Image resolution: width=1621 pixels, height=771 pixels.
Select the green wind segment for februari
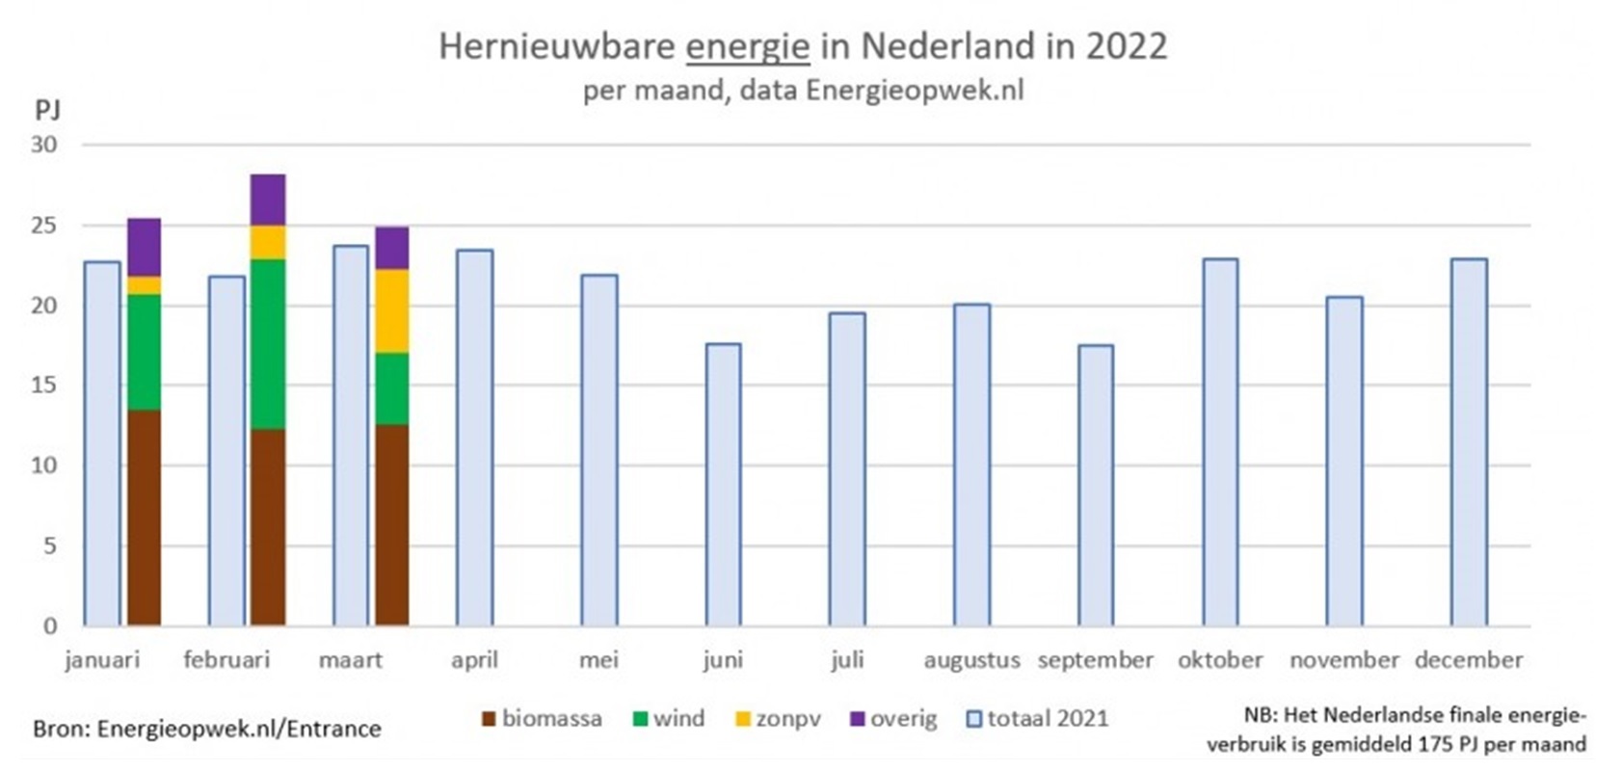(x=268, y=344)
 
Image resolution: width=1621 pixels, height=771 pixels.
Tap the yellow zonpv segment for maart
(x=392, y=310)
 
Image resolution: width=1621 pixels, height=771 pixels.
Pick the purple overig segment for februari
(x=268, y=200)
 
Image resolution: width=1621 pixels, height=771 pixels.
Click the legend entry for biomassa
(x=543, y=718)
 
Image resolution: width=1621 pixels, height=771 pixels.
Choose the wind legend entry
(x=669, y=718)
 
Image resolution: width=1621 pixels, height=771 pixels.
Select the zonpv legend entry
(x=779, y=718)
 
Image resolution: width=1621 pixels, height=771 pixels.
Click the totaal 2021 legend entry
(x=1037, y=718)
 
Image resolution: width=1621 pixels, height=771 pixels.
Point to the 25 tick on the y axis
(x=44, y=226)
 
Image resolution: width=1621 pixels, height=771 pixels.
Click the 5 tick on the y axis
(x=50, y=545)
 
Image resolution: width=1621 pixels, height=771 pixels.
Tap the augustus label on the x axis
(x=971, y=660)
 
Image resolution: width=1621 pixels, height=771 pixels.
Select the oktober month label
(x=1220, y=660)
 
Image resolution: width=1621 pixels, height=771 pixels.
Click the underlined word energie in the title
(x=747, y=46)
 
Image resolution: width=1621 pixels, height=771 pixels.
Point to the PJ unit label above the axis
(x=47, y=110)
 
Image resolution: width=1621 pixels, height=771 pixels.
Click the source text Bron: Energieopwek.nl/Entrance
(x=207, y=729)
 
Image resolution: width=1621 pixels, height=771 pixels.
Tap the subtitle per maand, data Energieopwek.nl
(x=803, y=91)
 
